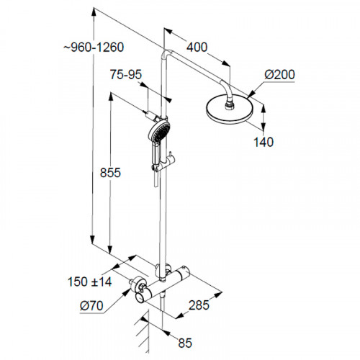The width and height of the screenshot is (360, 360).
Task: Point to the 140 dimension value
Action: pyautogui.click(x=264, y=142)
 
